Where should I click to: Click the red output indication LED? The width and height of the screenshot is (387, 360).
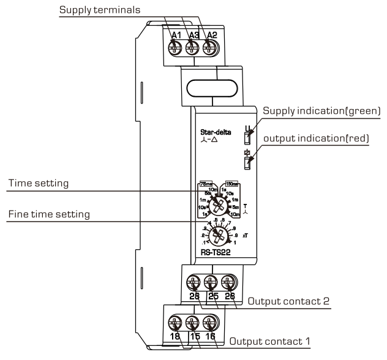point(248,163)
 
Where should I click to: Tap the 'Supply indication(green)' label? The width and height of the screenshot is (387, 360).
point(321,110)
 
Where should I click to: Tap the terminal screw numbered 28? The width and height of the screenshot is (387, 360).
point(193,283)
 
